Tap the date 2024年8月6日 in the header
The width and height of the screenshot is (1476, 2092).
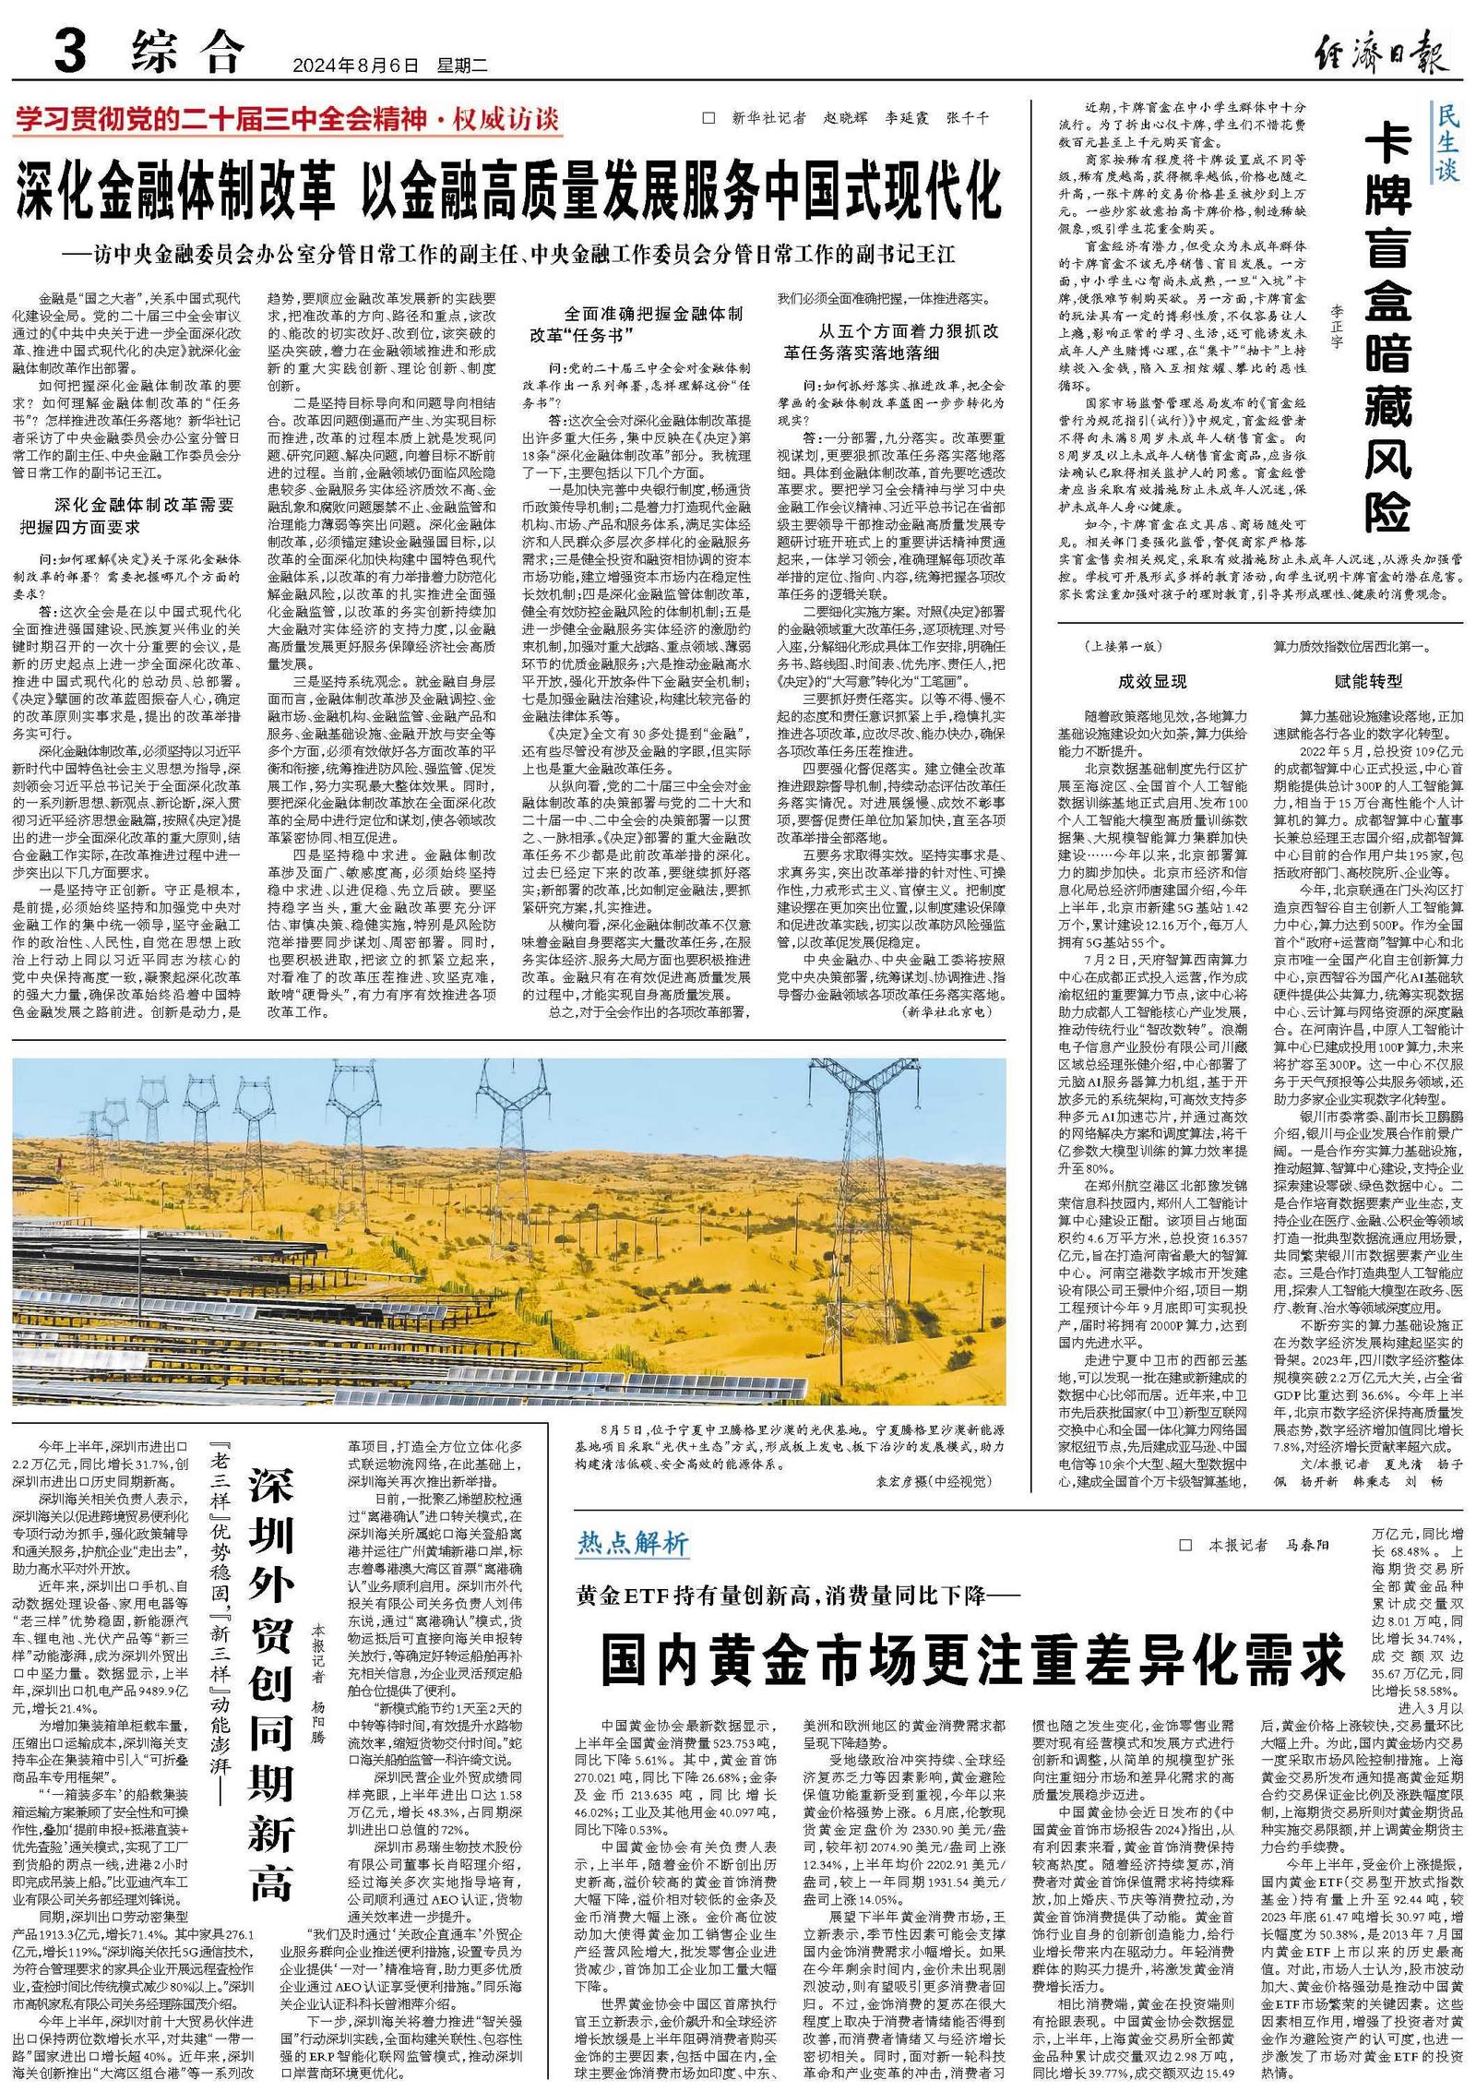[354, 66]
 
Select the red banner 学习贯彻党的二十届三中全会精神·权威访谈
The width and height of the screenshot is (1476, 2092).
[287, 119]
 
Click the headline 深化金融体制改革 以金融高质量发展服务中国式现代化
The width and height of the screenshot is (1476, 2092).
[508, 191]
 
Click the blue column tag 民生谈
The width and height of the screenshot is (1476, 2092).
[1447, 142]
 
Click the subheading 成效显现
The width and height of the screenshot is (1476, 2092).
[1152, 681]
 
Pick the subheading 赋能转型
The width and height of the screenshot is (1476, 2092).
[1368, 681]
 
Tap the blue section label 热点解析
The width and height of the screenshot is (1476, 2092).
[633, 1542]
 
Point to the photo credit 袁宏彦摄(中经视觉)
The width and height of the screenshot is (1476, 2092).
[932, 1481]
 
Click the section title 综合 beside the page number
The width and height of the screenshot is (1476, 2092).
[188, 52]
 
